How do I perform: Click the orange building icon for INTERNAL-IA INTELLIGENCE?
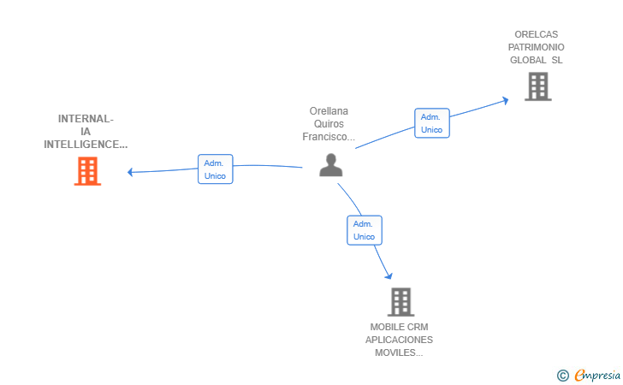[87, 171]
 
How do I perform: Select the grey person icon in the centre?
[330, 164]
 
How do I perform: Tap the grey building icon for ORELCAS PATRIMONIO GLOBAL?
[537, 86]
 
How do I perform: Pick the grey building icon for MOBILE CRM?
[400, 302]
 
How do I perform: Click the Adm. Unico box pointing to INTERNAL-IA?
[215, 169]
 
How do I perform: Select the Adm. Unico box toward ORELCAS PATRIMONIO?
[431, 123]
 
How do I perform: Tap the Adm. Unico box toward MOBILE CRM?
[364, 230]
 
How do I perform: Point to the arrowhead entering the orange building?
[131, 172]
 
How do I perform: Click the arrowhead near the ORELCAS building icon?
[505, 100]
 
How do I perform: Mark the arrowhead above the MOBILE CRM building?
[389, 275]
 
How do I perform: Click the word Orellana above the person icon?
[329, 110]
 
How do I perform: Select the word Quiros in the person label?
[329, 123]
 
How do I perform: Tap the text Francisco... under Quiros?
[329, 136]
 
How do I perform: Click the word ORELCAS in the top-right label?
[537, 34]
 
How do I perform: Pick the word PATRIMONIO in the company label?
[537, 47]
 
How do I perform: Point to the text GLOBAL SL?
[537, 60]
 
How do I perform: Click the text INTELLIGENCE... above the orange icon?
[86, 145]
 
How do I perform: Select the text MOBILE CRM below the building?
[399, 327]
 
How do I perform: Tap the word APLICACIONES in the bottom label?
[399, 340]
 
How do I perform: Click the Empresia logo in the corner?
[596, 375]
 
